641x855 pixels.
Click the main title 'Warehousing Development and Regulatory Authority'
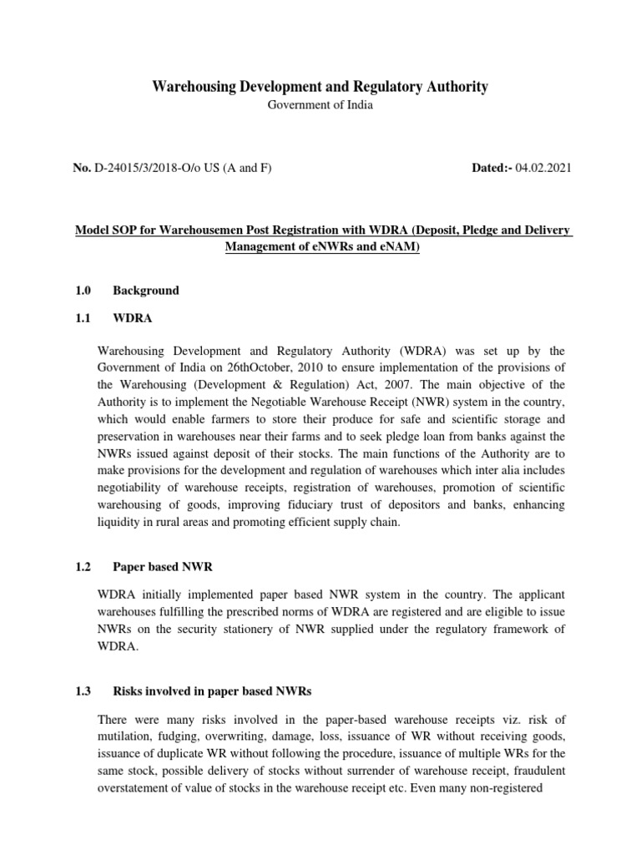320,87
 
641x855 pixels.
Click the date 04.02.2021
543,169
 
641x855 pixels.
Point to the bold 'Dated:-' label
492,169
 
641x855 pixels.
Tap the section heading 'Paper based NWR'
163,567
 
